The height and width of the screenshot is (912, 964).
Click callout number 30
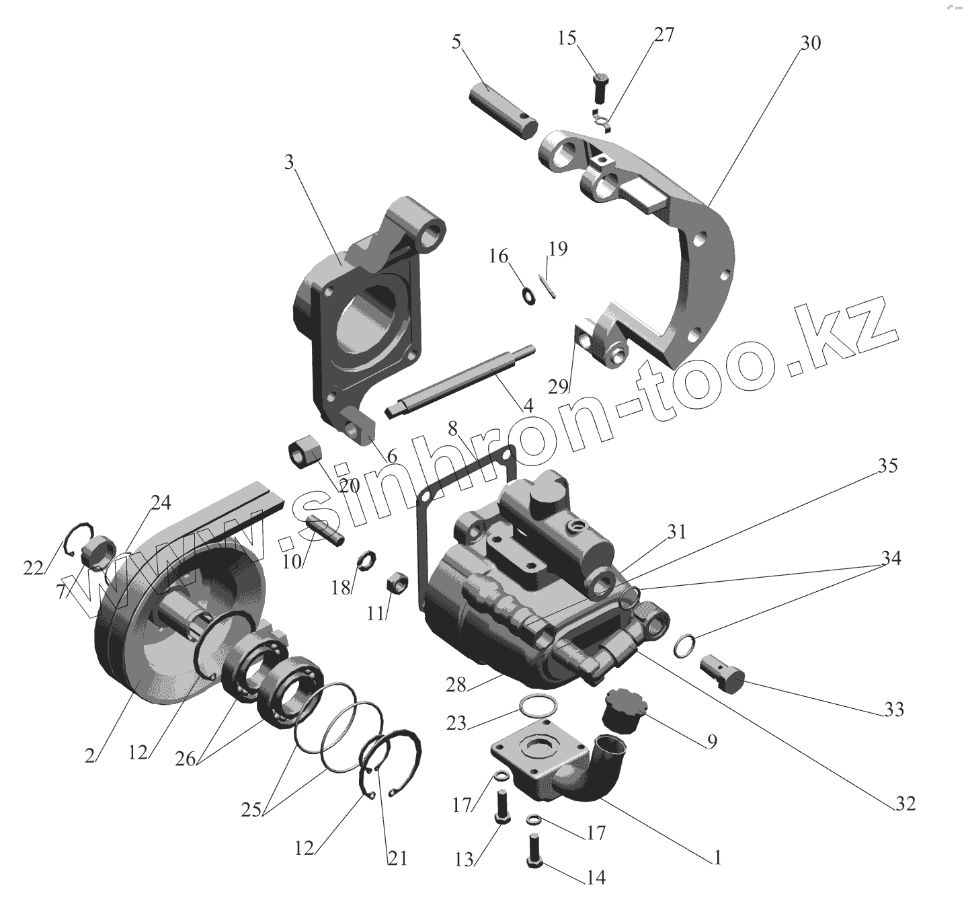tap(810, 42)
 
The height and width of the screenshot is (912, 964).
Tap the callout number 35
tap(887, 465)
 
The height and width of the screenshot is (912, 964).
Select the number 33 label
tap(894, 709)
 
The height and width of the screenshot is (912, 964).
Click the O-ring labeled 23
tap(538, 706)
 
